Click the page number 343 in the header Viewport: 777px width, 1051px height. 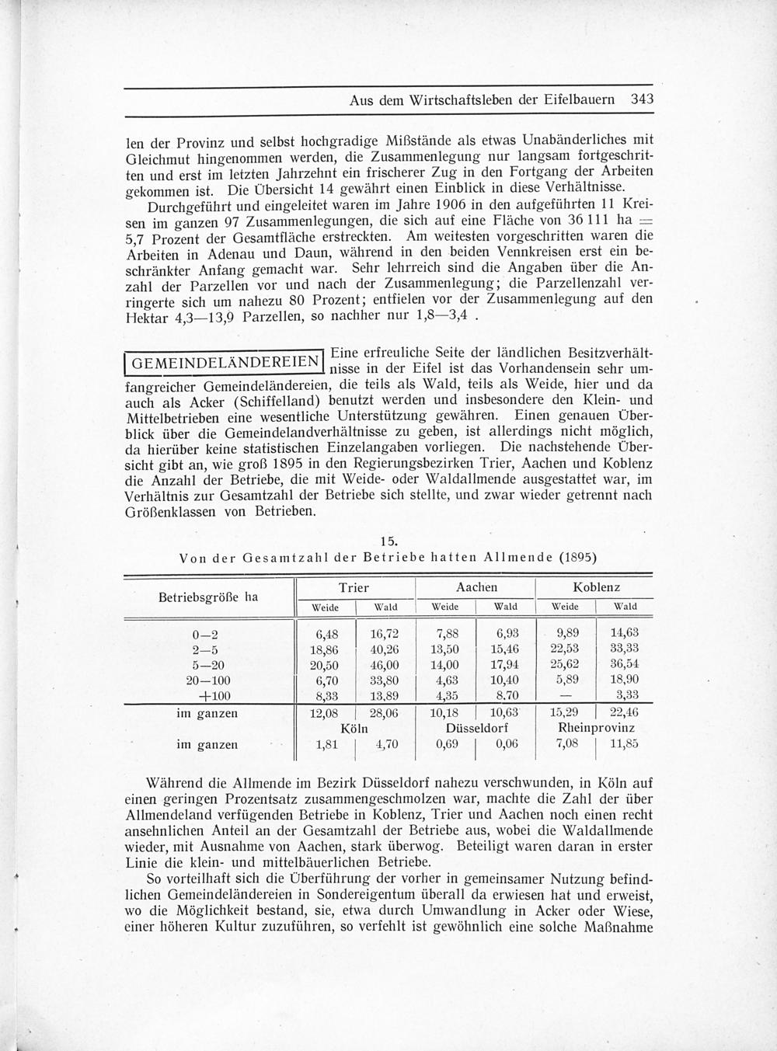coord(642,99)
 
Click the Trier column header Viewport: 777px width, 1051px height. coord(354,588)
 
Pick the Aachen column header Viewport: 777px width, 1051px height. coord(476,588)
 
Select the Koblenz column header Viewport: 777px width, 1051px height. coord(596,588)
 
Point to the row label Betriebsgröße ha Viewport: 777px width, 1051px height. coord(208,597)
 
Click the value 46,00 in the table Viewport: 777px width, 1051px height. coord(385,665)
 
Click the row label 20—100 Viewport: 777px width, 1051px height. coord(207,680)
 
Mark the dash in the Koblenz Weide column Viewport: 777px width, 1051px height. coord(566,696)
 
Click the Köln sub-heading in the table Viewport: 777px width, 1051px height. coord(354,729)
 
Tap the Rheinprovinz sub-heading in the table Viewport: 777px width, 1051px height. coord(597,729)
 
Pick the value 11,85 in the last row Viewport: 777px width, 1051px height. coord(625,744)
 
